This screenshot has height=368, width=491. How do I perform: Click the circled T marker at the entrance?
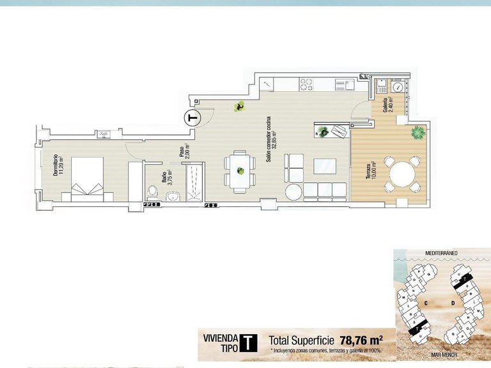[192, 118]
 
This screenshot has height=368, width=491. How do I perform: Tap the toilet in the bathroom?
[153, 190]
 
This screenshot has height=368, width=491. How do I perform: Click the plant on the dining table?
[240, 171]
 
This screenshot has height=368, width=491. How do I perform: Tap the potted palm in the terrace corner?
[417, 132]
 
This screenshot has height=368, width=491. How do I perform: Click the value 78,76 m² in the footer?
[361, 340]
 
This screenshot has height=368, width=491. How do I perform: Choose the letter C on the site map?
[425, 302]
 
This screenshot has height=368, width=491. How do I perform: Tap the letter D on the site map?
[451, 302]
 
